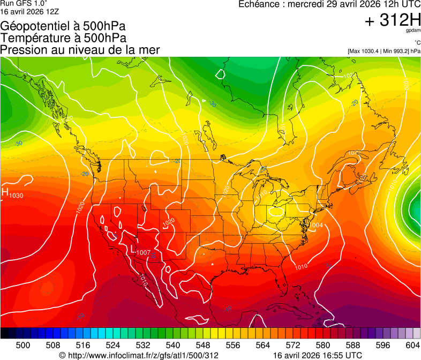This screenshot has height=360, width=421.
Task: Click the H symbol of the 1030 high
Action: pos(5,192)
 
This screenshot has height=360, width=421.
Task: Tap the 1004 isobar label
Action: pos(317,225)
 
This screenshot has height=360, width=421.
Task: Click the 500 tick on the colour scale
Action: pos(23,344)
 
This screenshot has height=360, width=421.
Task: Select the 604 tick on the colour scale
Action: pos(413,344)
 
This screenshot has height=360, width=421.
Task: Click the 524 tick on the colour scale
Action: pos(113,344)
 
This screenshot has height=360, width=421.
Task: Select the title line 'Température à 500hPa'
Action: pos(63,39)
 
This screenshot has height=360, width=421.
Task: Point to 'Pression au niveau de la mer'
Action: pos(80,50)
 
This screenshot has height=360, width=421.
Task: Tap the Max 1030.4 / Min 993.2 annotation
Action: pos(384,51)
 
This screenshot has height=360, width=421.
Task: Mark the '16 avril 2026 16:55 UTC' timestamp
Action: pos(317,355)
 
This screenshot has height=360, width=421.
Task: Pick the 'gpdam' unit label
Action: pos(414,31)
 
